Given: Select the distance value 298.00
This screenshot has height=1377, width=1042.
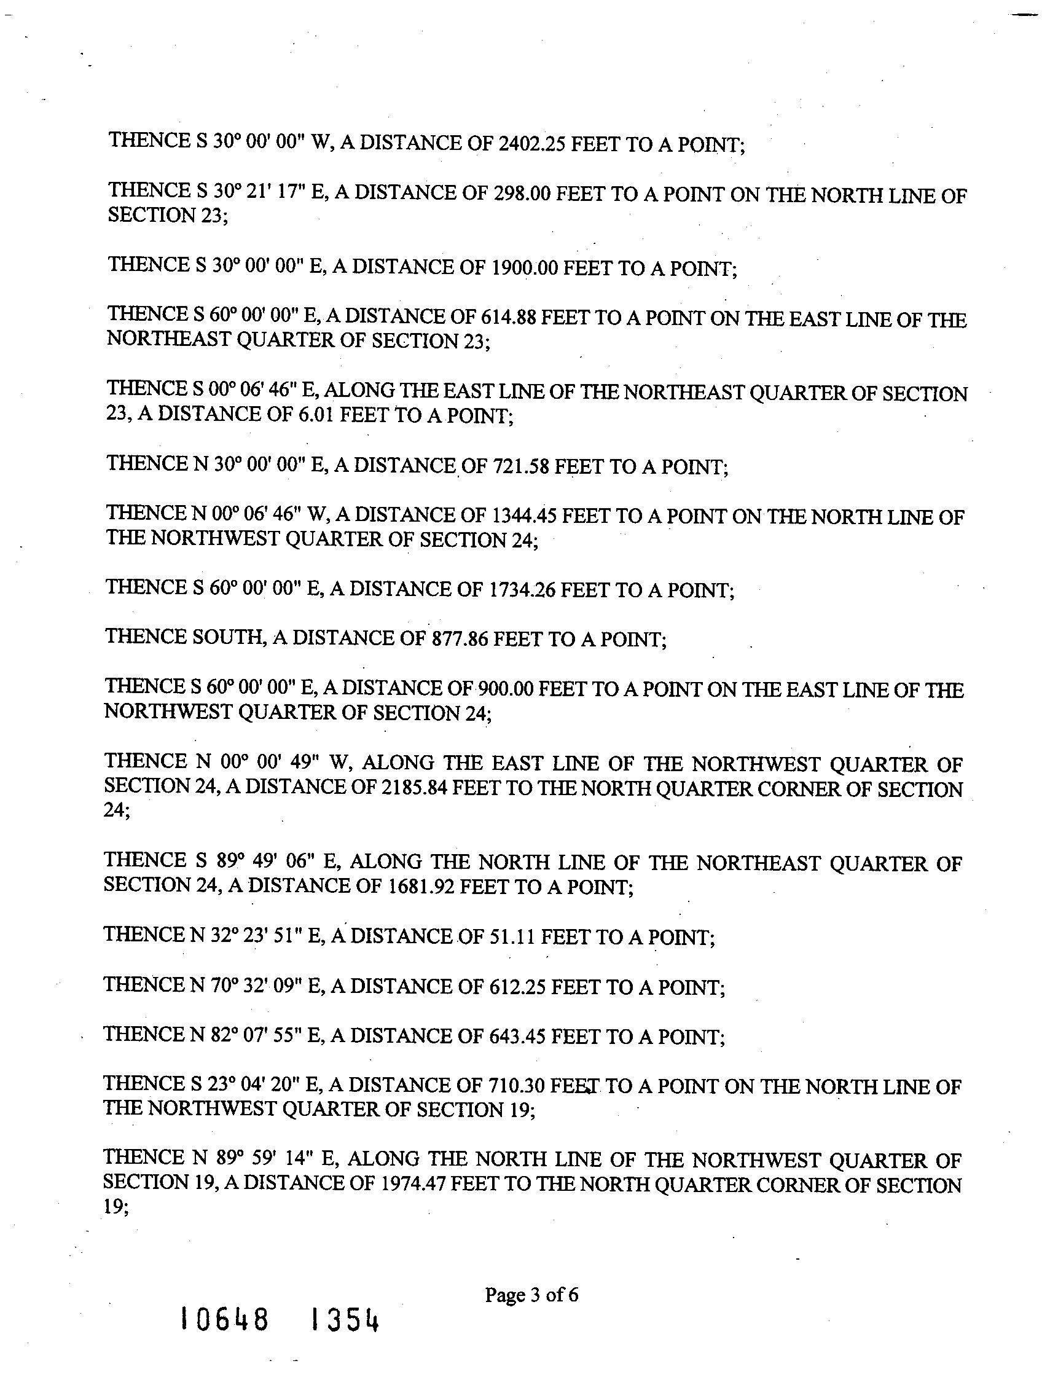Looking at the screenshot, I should pos(522,194).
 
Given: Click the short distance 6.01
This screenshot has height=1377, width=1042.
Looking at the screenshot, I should pos(317,415).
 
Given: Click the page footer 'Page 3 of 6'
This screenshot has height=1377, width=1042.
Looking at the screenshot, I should pos(531,1295).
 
